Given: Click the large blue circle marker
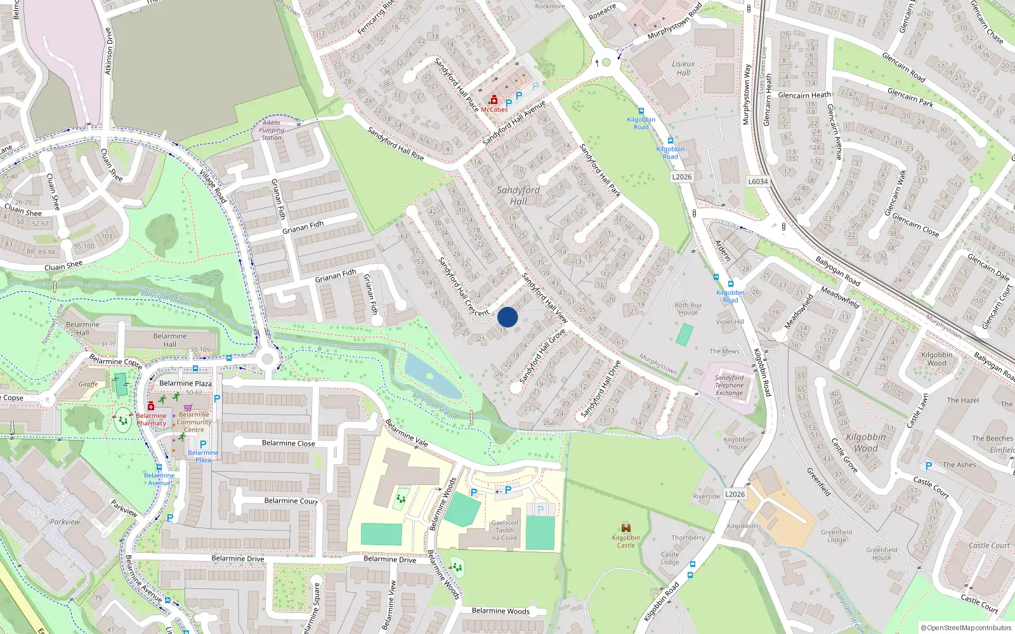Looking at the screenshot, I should point(507,317).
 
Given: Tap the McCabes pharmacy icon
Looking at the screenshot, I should point(494,100).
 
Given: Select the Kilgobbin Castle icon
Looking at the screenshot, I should point(626,527).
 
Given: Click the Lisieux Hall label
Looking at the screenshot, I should point(683,68).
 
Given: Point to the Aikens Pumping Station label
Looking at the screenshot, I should point(272,130).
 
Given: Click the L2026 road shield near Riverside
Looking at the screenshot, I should point(735,495).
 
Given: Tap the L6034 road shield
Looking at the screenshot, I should point(757,181).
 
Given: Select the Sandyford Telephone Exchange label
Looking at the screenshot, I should point(730,385).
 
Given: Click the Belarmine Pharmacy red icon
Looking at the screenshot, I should point(151,406).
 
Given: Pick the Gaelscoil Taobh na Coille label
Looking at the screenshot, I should point(505,531).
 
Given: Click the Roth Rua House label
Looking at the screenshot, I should point(688,308).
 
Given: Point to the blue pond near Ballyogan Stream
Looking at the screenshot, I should point(431,375).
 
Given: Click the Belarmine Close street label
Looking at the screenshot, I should point(288,443).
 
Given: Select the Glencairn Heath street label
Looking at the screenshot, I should point(804,95).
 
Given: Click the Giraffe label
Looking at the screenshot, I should point(88,384).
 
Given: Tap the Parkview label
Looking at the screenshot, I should point(65,522).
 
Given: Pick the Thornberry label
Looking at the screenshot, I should point(688,538).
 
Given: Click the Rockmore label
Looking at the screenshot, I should point(549,6).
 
